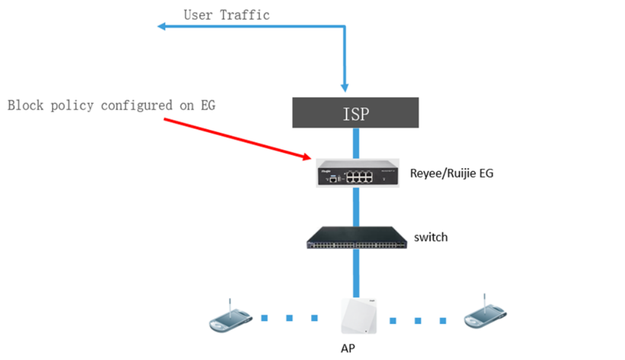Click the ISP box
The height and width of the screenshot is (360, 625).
(355, 113)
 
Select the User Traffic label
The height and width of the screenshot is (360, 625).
(227, 15)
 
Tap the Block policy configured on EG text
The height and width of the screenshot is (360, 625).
(112, 106)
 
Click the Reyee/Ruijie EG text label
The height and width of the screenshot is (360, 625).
(451, 174)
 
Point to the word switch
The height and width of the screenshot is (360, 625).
(431, 237)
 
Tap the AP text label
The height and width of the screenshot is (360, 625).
(348, 348)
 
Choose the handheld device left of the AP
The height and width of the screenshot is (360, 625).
(231, 319)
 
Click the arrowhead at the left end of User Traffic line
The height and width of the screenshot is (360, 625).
(161, 26)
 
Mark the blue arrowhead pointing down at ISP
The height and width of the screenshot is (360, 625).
(346, 88)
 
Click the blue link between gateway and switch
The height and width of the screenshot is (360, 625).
(356, 206)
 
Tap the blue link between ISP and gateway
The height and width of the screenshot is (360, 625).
(356, 142)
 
